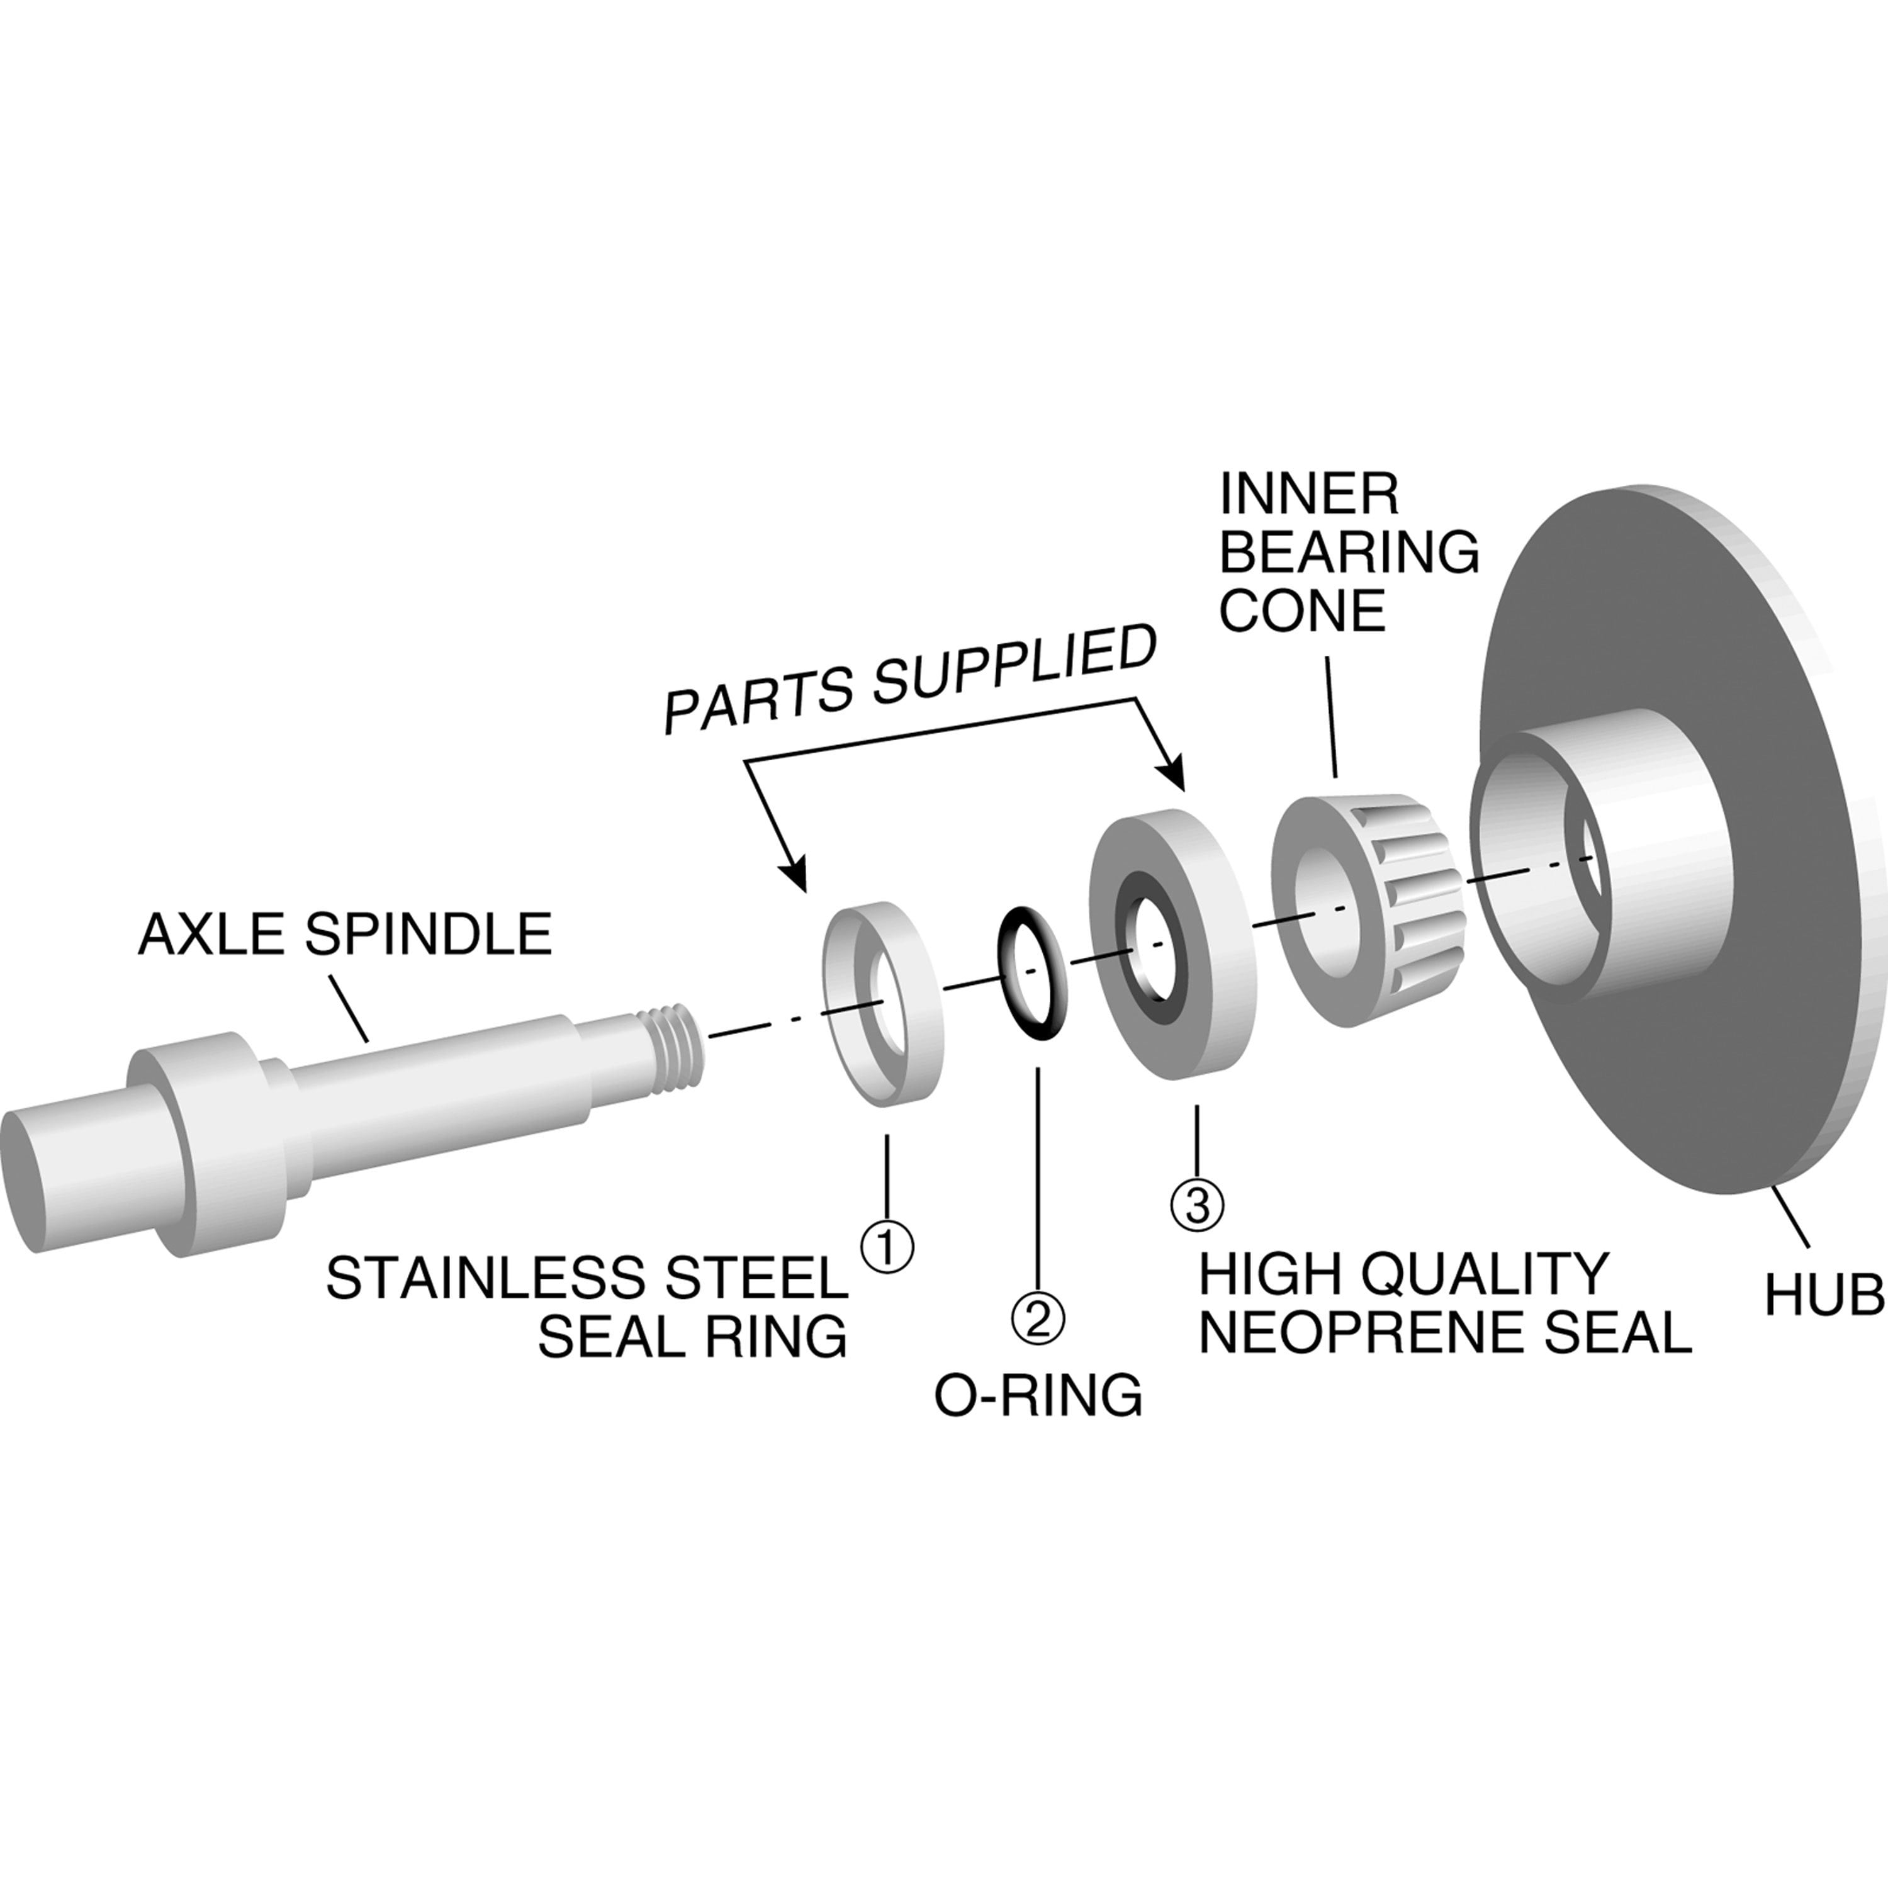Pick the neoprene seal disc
click(x=1171, y=943)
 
